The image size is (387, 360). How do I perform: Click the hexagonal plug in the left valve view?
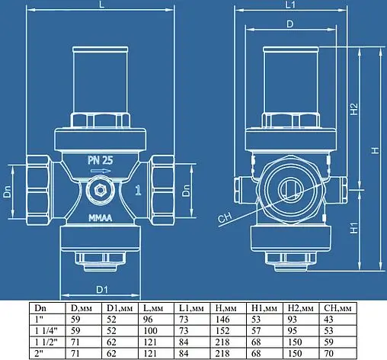(99, 189)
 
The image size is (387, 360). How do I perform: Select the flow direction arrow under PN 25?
(100, 173)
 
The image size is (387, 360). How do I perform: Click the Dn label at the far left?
(6, 194)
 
